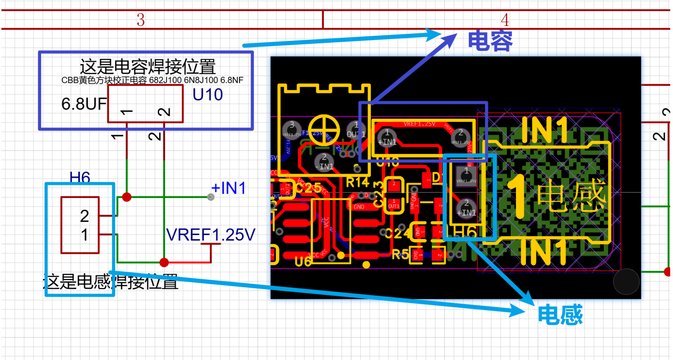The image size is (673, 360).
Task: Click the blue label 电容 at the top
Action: coord(490,41)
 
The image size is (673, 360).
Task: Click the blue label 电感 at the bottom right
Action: coord(560,315)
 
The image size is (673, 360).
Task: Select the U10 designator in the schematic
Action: coord(208,95)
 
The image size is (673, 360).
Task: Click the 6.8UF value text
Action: coord(84,104)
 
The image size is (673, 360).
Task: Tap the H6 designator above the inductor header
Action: coord(80,177)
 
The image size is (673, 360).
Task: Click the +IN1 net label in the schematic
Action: coord(229,188)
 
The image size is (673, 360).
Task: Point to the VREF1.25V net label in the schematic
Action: coord(210,235)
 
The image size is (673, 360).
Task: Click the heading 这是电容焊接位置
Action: coord(147,66)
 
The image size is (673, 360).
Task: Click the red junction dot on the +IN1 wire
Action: coord(127,197)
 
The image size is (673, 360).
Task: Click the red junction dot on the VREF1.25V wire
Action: coord(164,262)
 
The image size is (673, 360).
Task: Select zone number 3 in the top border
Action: coord(140,20)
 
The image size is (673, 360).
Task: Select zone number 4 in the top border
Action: coord(505,20)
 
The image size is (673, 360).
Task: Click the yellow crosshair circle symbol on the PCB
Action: coord(324,130)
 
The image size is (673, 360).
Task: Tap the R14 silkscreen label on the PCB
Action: coord(357,182)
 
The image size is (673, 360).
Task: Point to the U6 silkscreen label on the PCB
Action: coord(302,262)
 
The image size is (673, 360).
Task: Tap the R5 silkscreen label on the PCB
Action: coord(400,254)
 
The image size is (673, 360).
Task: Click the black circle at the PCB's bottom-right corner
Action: coord(626,281)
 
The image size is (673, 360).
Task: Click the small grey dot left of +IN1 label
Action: coord(211,197)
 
